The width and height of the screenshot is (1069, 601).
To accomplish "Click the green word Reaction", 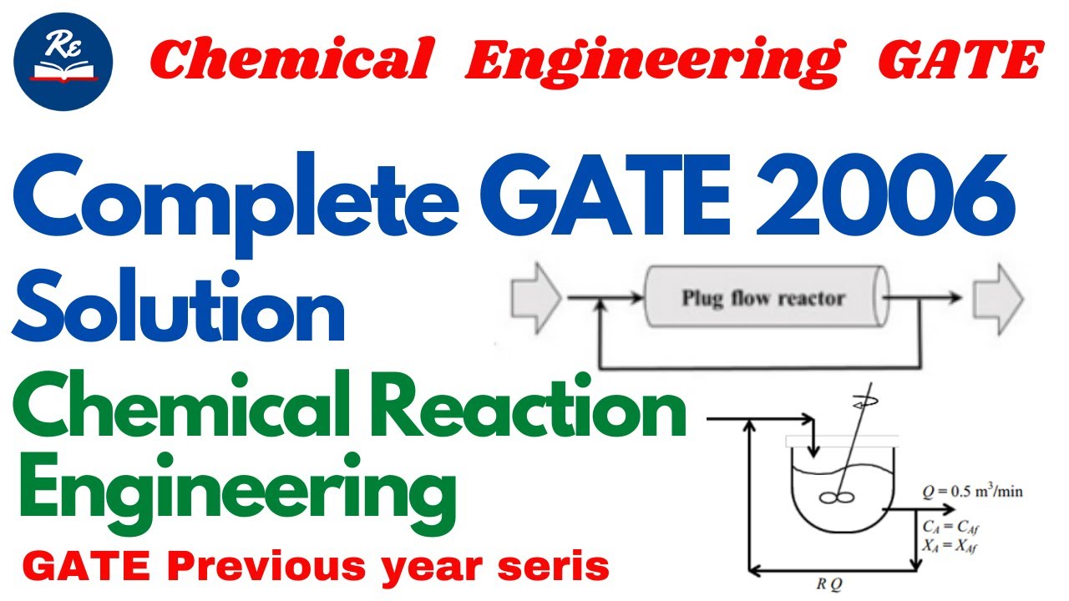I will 545,412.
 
